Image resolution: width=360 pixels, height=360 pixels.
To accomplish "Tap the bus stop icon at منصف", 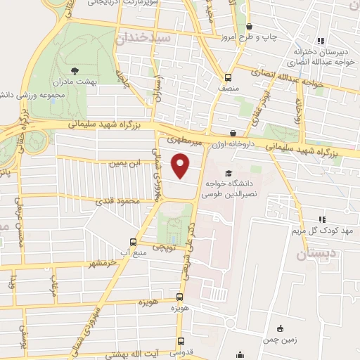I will click(x=228, y=78).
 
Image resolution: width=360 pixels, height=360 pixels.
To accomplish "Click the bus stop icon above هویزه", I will click(x=180, y=297).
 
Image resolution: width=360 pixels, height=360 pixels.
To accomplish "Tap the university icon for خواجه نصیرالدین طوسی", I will click(x=227, y=173).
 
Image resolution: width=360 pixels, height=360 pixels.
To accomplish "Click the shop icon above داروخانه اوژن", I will click(x=233, y=133).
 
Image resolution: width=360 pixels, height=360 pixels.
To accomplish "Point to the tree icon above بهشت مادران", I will click(x=75, y=70).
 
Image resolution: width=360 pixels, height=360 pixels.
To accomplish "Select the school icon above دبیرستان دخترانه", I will click(x=320, y=41).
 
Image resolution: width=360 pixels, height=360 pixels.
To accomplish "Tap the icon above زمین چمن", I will click(x=281, y=328).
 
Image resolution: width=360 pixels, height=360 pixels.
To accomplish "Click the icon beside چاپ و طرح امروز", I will click(x=257, y=34).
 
